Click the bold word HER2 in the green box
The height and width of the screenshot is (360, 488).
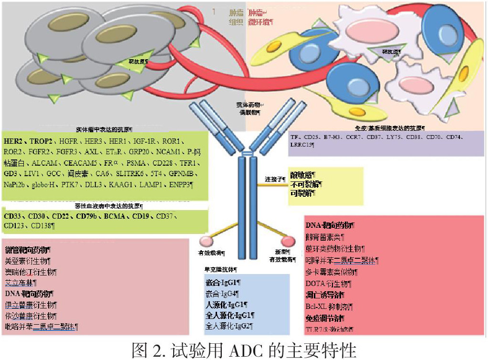pos(13,141)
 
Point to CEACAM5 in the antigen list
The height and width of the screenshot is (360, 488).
pos(80,163)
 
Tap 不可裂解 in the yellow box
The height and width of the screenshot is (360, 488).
pos(305,184)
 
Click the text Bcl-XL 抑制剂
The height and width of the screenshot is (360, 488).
pos(329,307)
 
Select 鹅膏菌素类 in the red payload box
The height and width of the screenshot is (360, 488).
pos(324,236)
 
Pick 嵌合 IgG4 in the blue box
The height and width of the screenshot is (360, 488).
pos(222,293)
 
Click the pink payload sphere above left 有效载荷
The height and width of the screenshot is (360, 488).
pos(206,240)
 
